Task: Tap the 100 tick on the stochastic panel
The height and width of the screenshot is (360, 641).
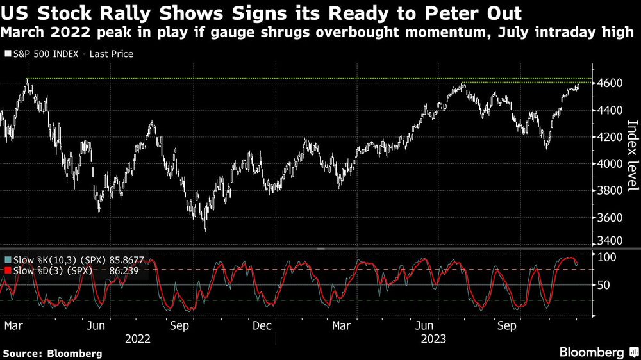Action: point(608,257)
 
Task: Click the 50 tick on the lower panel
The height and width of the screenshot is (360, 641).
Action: point(605,285)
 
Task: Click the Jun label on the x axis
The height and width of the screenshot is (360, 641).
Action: point(95,325)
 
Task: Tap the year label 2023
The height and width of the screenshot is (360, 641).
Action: point(433,338)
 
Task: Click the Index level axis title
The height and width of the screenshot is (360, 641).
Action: point(631,156)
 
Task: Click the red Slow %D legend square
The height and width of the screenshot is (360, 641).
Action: point(7,272)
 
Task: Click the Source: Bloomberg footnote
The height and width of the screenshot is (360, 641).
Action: point(53,353)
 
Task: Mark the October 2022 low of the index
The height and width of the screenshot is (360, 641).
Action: point(205,229)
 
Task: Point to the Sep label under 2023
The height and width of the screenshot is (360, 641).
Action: point(508,325)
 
